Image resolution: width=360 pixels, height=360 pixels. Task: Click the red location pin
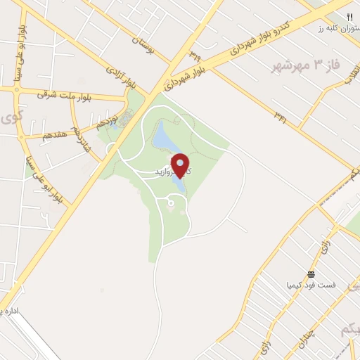180,166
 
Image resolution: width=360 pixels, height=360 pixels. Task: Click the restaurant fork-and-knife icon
349,16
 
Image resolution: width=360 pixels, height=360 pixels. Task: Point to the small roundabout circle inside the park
171,204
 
